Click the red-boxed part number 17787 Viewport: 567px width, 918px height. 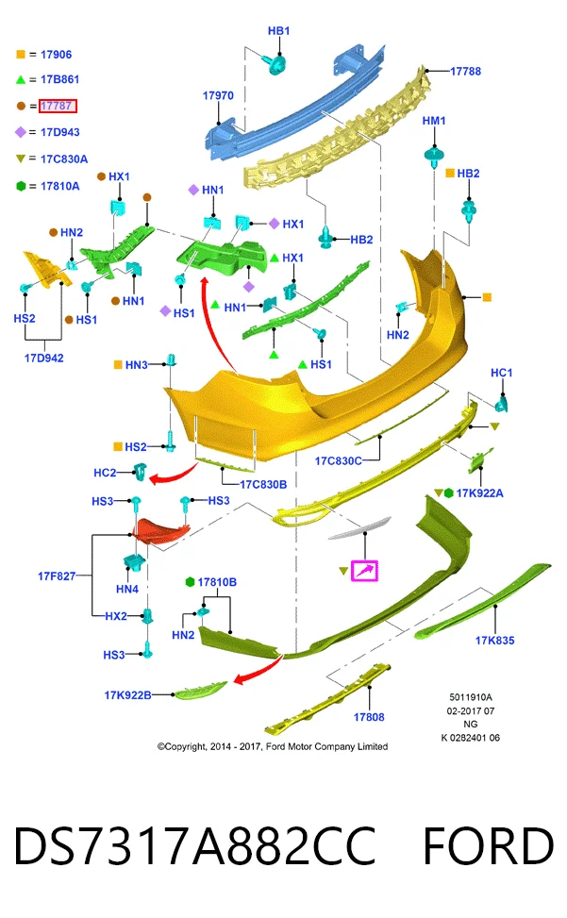(x=58, y=106)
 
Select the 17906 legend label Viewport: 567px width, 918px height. (x=57, y=55)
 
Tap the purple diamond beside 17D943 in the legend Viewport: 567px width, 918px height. (x=21, y=132)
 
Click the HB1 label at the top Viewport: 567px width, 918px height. (x=278, y=30)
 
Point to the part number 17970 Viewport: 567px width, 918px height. (x=218, y=95)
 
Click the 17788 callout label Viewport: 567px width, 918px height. (x=465, y=72)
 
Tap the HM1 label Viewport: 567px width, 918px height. (x=434, y=121)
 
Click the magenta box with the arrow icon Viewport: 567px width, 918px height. (x=364, y=571)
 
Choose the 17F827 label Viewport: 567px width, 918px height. (x=57, y=576)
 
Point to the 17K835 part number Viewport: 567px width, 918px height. (x=494, y=641)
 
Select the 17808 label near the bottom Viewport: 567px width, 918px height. (x=369, y=717)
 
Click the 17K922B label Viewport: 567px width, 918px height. (x=127, y=695)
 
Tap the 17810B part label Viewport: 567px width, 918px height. (x=217, y=582)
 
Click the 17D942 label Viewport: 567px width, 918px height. (x=44, y=358)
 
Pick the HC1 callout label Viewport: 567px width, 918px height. (x=502, y=373)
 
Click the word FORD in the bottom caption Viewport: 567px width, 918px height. (x=488, y=846)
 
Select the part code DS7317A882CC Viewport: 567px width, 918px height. (x=194, y=846)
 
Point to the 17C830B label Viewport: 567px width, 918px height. (x=263, y=484)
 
